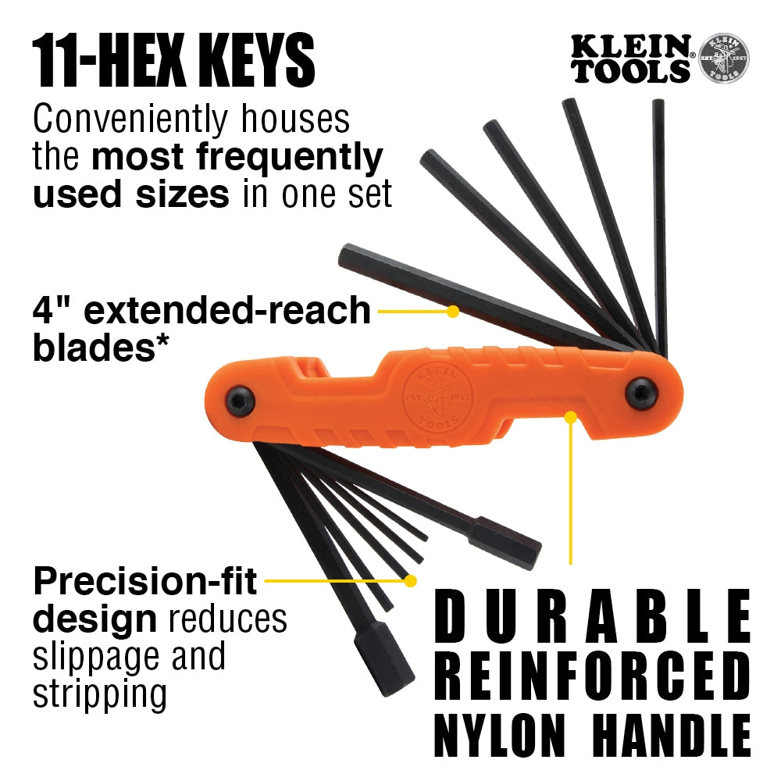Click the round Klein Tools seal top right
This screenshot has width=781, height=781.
point(723,59)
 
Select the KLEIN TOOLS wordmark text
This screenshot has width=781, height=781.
point(631,60)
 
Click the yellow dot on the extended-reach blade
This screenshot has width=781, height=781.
point(452,311)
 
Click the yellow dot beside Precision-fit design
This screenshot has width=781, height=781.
point(410,580)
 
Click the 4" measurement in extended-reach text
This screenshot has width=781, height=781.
point(53,310)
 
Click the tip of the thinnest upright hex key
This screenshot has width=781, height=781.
point(658,104)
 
